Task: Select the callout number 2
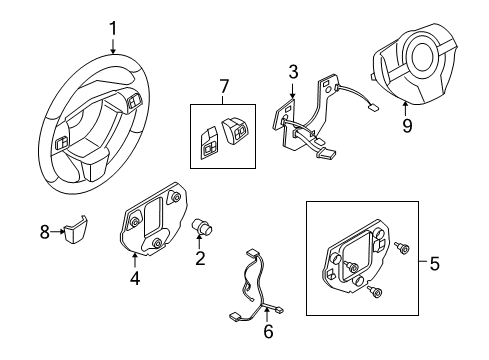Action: pyautogui.click(x=200, y=260)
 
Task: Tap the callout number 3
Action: pyautogui.click(x=293, y=72)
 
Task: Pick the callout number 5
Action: pyautogui.click(x=433, y=265)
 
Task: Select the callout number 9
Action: pyautogui.click(x=406, y=126)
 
